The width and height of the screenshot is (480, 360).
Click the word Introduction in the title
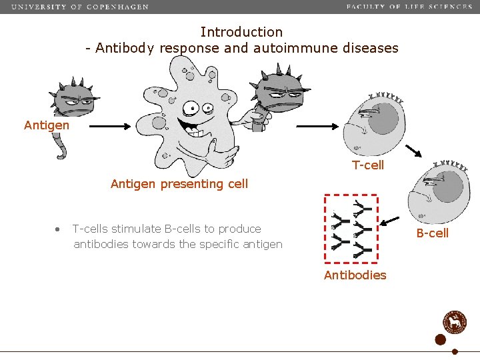(x=241, y=32)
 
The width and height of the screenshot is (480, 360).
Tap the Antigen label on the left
(x=46, y=125)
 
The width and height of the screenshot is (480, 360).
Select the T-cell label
(x=368, y=165)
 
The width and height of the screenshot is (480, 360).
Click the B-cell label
(x=433, y=233)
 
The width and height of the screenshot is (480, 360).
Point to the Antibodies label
(x=355, y=275)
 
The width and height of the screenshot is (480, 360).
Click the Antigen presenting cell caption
(x=179, y=184)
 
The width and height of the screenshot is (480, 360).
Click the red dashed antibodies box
(x=351, y=231)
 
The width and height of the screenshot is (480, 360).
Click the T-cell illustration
(x=374, y=124)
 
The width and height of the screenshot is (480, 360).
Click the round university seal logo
(x=457, y=321)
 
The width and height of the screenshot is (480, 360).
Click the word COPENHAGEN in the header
(x=117, y=7)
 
